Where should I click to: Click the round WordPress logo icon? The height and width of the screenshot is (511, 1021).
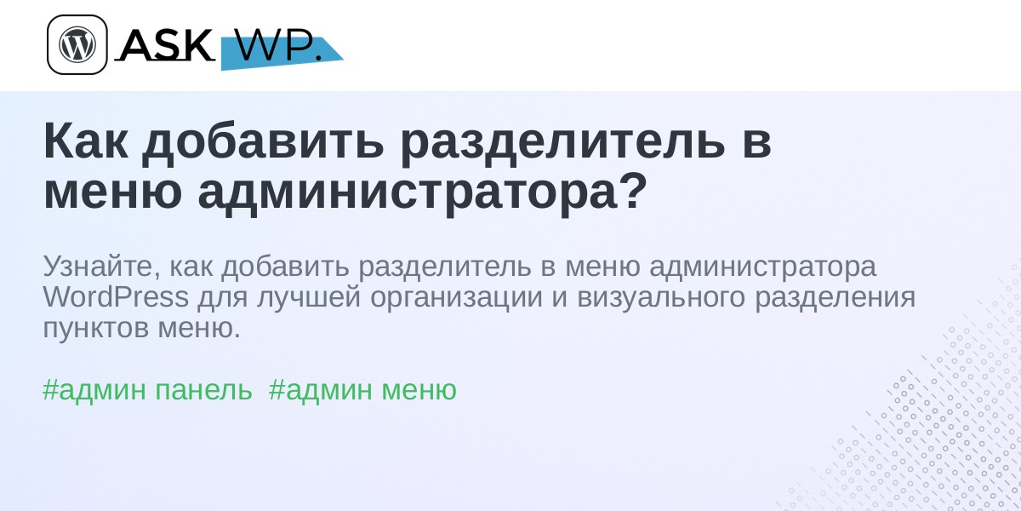(77, 44)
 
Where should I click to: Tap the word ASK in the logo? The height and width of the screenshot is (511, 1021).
(164, 44)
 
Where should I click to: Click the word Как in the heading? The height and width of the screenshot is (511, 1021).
(86, 142)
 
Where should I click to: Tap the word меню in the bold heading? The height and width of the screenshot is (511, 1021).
(113, 193)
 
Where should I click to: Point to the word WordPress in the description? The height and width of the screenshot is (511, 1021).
(116, 297)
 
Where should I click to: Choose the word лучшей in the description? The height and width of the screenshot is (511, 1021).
(309, 299)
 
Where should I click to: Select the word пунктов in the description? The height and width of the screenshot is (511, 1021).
(95, 329)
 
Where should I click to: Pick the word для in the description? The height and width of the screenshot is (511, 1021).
(222, 299)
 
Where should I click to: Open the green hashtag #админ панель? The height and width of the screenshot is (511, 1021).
(147, 390)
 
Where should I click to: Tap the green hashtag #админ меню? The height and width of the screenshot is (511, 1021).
(362, 390)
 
